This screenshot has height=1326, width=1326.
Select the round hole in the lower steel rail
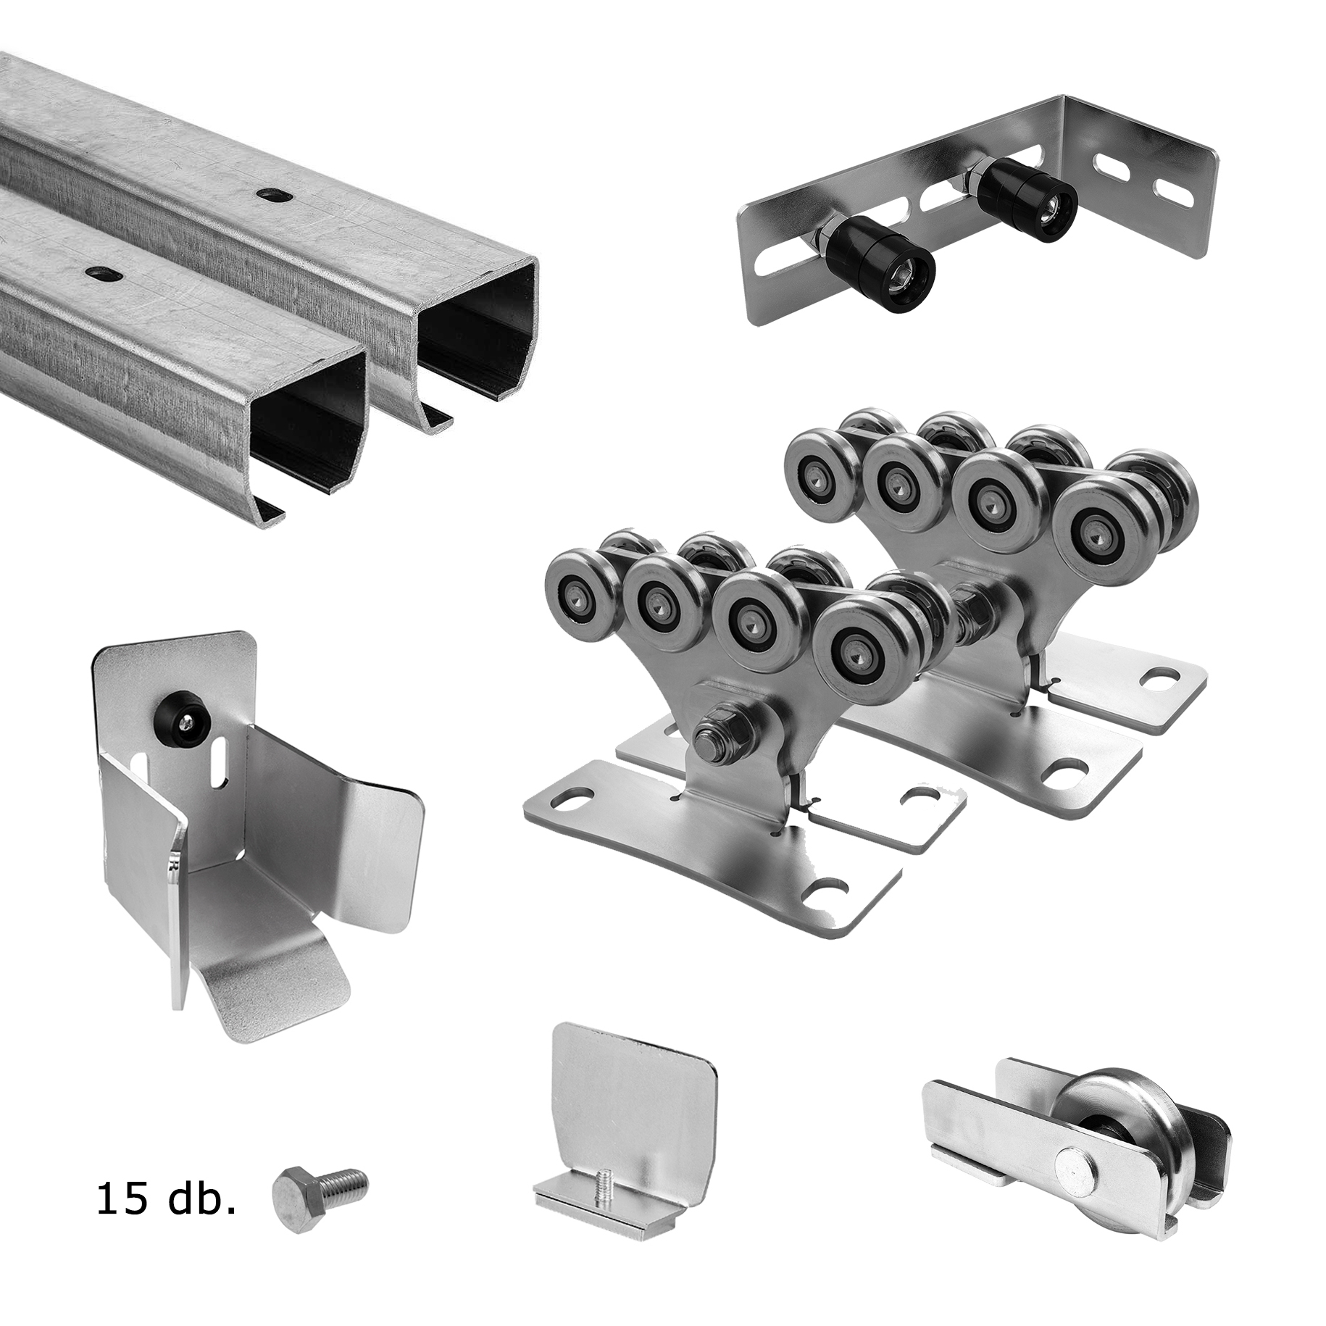(100, 273)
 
